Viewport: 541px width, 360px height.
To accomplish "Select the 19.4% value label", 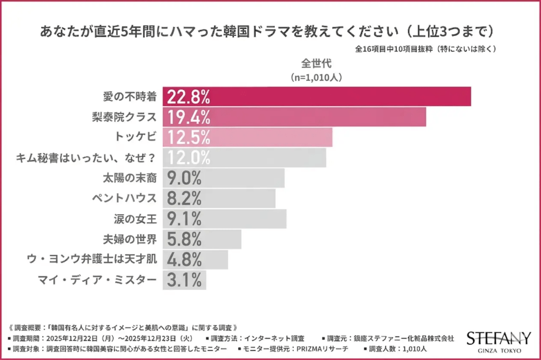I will point(189,117).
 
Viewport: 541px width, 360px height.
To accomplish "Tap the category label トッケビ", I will point(136,137).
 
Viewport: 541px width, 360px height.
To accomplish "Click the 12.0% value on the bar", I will point(189,157).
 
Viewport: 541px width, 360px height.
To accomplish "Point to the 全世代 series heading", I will point(316,63).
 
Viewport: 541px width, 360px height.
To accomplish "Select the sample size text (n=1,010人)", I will point(316,77).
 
